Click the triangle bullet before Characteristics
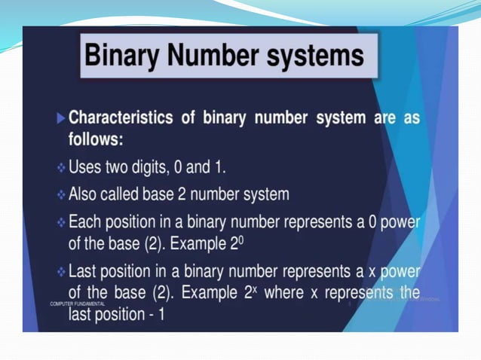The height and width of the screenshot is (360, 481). point(60,119)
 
